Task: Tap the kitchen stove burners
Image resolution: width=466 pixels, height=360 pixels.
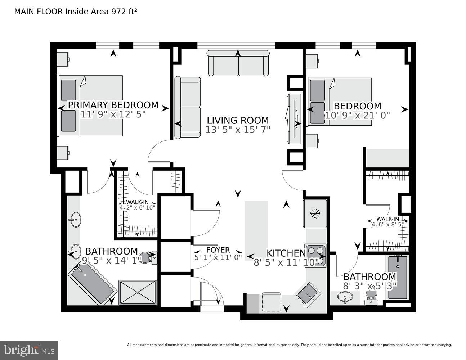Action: tap(316, 255)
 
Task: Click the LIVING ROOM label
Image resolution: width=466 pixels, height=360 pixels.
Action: tap(238, 120)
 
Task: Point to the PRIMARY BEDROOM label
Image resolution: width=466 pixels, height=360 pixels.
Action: tap(113, 105)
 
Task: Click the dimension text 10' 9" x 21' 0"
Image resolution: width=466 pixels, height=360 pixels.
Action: tap(357, 116)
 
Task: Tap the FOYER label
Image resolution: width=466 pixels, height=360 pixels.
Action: tap(218, 250)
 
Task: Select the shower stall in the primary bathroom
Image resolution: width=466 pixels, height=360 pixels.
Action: tap(138, 292)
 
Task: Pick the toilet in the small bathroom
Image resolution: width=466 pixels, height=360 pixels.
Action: tap(371, 297)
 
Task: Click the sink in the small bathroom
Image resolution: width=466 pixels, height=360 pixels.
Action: tap(345, 298)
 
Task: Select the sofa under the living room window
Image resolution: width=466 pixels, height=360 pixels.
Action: tap(238, 63)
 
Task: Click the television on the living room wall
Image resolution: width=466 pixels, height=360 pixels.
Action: tap(295, 119)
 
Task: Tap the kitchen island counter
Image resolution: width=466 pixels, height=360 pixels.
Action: tap(256, 230)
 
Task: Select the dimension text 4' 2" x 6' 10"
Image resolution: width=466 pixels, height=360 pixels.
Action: tap(137, 207)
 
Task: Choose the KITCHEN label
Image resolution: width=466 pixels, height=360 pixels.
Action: tap(286, 253)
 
